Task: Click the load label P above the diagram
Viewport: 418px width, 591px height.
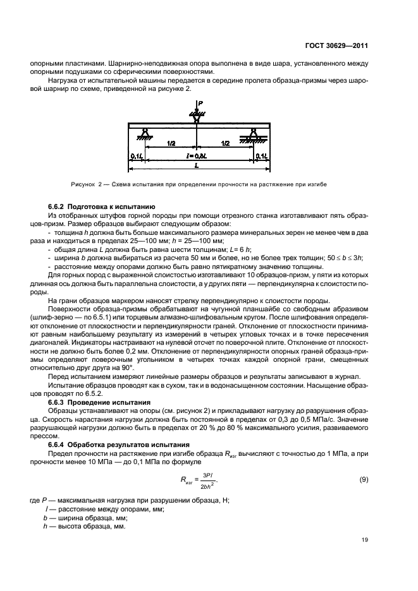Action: pos(200,103)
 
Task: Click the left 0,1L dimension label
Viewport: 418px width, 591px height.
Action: pos(137,155)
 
